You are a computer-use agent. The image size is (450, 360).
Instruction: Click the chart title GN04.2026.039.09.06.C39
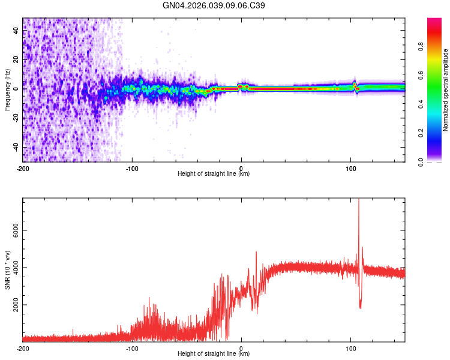coord(214,5)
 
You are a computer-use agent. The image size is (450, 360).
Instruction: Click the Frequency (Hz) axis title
coord(7,90)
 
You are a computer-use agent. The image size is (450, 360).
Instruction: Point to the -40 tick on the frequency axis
coord(16,147)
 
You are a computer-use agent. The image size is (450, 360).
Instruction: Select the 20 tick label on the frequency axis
coord(16,60)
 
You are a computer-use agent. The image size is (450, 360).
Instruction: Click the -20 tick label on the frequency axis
coord(16,118)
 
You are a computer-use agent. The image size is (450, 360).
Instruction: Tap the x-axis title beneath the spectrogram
coord(214,174)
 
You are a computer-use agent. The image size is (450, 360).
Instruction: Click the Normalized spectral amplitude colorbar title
coord(446,90)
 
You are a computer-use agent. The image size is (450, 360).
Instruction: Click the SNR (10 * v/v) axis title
coord(7,270)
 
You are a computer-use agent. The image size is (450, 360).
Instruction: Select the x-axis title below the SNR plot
coord(214,354)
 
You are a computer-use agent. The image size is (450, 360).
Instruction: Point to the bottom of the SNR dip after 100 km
coord(360,307)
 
